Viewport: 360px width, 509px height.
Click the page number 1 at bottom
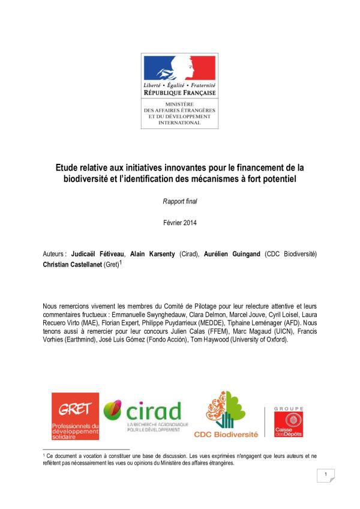click(x=325, y=475)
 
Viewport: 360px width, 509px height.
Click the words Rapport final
click(x=180, y=201)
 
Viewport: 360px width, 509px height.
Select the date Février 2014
click(x=180, y=223)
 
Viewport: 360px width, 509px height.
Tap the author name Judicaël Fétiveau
click(x=98, y=254)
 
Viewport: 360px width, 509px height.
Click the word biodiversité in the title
click(x=90, y=179)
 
